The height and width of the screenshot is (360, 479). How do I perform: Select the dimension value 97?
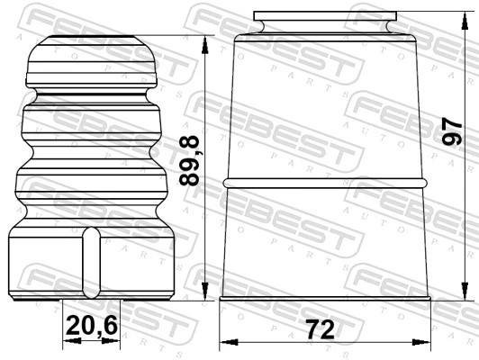(455, 128)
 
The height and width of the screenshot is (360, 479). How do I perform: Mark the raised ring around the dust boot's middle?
(324, 183)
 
